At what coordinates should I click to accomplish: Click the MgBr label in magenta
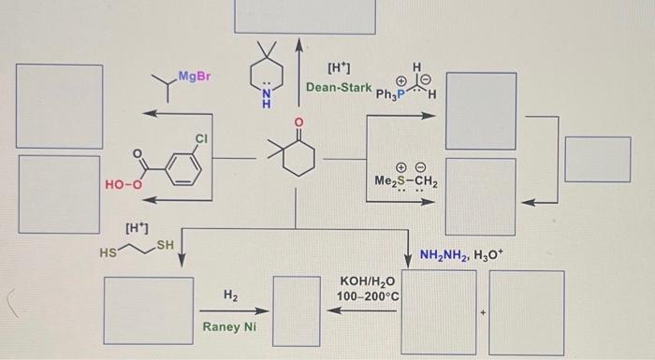pyautogui.click(x=195, y=76)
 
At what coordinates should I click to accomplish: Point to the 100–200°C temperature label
pyautogui.click(x=369, y=296)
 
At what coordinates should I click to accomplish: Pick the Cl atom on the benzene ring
pyautogui.click(x=201, y=138)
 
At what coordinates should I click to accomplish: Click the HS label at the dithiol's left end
pyautogui.click(x=110, y=252)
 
